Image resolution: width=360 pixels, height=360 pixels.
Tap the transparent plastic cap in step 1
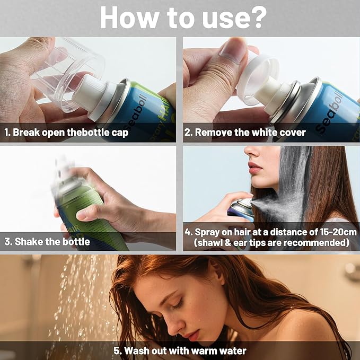coord(69,74)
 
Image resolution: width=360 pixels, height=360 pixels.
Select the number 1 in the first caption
coord(6,133)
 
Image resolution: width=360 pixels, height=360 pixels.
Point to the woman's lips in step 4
coord(255,168)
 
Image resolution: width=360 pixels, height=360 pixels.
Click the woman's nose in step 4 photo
coord(251,151)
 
